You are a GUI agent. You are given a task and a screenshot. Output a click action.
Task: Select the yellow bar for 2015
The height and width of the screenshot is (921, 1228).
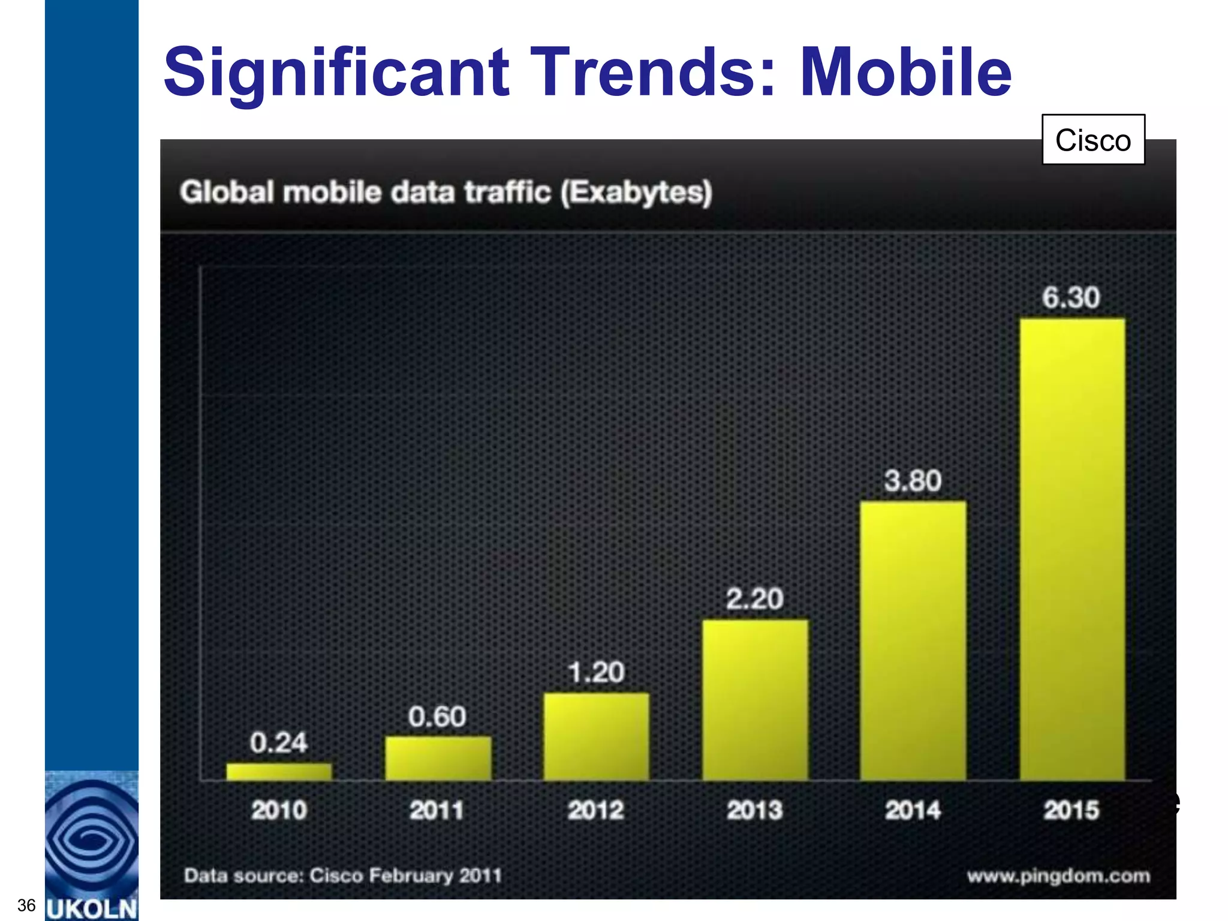[x=1072, y=549]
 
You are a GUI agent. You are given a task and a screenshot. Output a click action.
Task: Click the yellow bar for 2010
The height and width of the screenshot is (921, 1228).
[x=279, y=772]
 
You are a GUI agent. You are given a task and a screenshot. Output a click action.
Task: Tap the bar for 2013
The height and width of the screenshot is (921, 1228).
[x=755, y=700]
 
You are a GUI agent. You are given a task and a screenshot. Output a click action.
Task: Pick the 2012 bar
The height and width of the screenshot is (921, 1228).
[x=596, y=736]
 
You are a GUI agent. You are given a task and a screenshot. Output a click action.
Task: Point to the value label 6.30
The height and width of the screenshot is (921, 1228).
[x=1071, y=297]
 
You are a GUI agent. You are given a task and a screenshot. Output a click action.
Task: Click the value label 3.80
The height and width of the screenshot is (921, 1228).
[x=913, y=481]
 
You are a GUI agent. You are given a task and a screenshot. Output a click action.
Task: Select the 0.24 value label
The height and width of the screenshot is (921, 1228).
[x=278, y=743]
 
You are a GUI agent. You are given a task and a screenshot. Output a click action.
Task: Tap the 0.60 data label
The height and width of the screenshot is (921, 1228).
[x=437, y=717]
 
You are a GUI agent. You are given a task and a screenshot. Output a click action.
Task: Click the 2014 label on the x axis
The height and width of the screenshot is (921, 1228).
[x=913, y=811]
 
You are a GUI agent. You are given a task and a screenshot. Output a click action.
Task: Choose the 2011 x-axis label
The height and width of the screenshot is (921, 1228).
[x=437, y=811]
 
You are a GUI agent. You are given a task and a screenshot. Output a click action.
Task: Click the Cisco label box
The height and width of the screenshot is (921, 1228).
[x=1093, y=140]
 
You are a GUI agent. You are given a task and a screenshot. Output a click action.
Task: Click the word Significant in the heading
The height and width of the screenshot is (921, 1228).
[x=336, y=73]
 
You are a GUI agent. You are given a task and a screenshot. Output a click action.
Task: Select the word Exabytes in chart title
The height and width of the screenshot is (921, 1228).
[x=637, y=192]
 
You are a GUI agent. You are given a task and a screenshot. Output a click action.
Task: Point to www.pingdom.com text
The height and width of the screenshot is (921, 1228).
[x=1058, y=876]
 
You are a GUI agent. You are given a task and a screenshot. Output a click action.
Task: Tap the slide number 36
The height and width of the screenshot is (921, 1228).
[x=26, y=905]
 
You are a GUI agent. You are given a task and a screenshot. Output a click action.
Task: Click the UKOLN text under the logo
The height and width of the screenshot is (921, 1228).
[x=92, y=909]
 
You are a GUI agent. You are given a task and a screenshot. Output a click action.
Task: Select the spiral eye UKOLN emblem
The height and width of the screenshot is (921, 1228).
[x=92, y=839]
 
